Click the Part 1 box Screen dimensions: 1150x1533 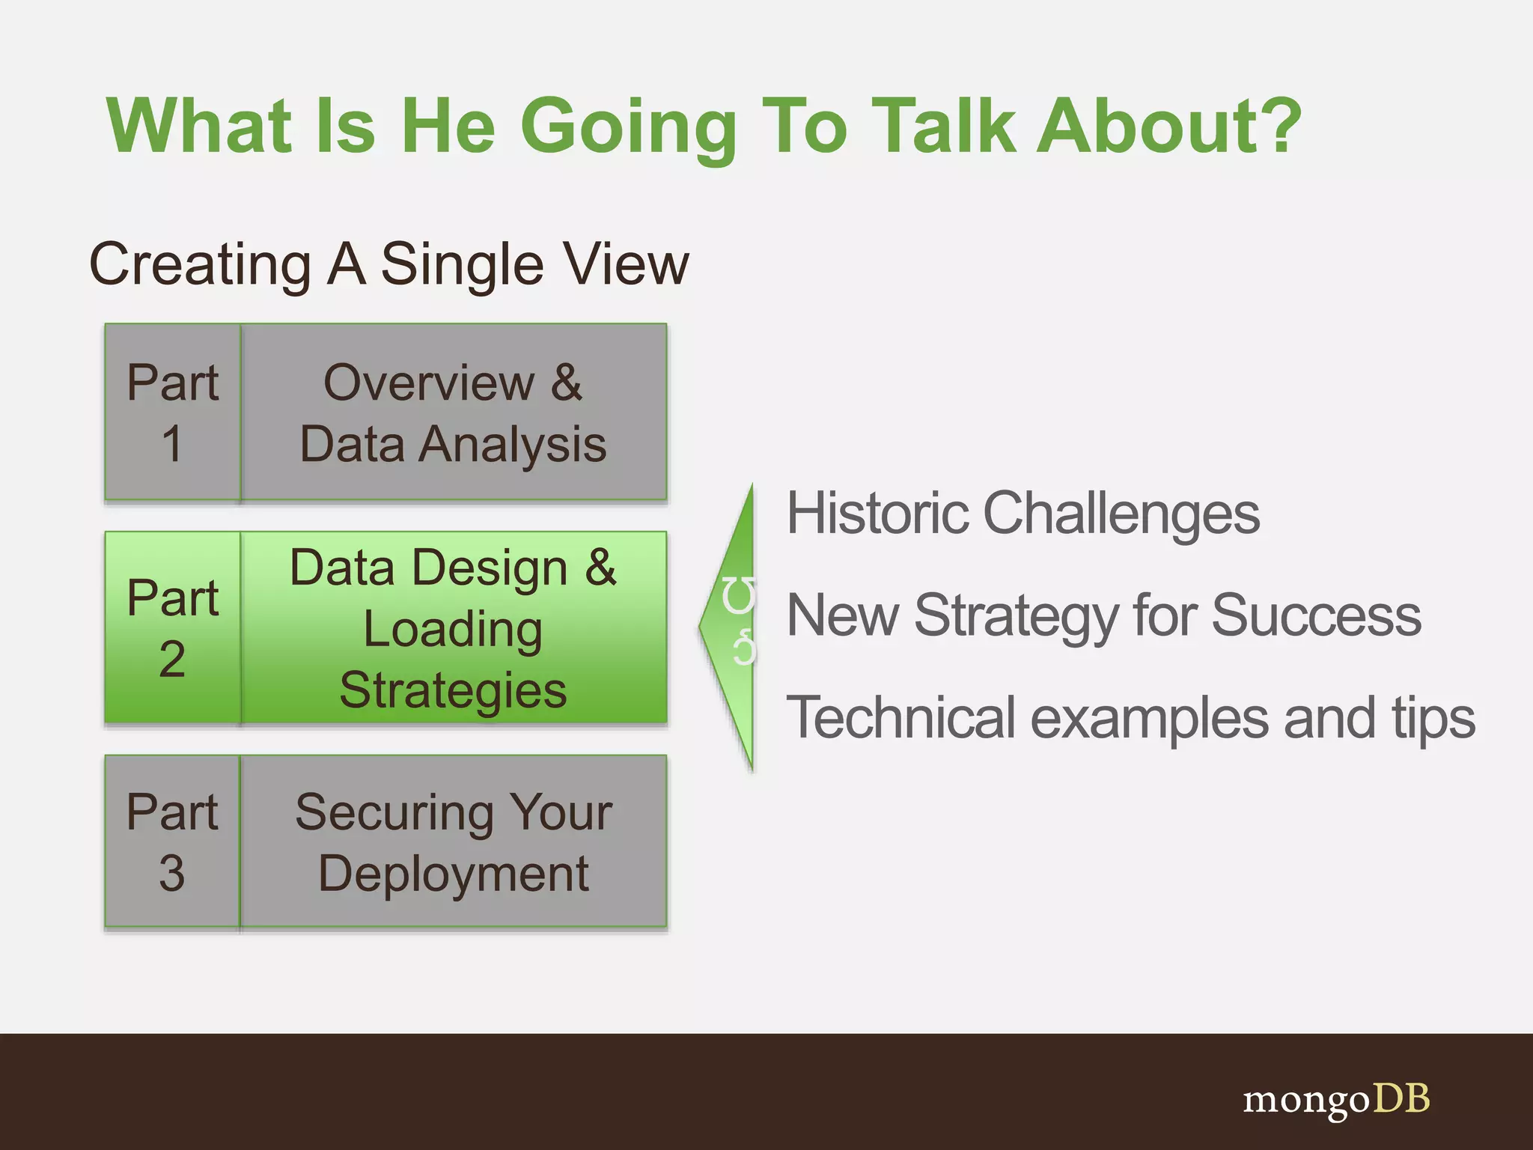[x=172, y=412]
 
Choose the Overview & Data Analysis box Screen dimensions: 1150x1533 [x=454, y=412]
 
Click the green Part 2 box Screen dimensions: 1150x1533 [x=172, y=627]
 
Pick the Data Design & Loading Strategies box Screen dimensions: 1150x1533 [x=454, y=627]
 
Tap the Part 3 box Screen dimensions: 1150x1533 [x=172, y=842]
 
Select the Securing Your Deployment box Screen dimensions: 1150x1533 [x=454, y=842]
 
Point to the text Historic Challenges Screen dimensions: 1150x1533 [x=1022, y=514]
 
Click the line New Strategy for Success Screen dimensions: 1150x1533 [x=1103, y=615]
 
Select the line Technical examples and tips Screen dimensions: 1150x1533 [x=1130, y=717]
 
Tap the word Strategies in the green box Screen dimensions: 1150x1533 [x=454, y=690]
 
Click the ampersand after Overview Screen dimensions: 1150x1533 [x=567, y=383]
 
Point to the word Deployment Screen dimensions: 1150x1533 [x=454, y=873]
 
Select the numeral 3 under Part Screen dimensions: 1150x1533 [x=172, y=873]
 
